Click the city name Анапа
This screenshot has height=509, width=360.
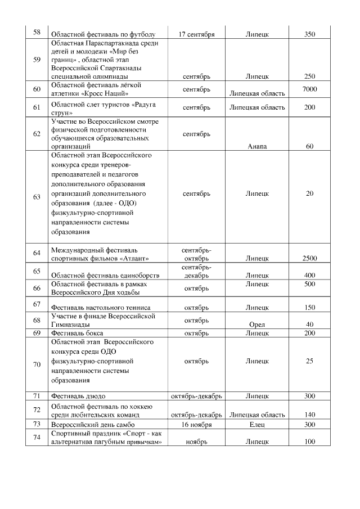coord(257,147)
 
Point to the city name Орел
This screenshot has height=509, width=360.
coord(256,325)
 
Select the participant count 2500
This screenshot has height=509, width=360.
coord(309,259)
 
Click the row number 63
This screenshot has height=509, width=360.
coord(37,197)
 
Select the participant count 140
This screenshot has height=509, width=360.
coord(309,415)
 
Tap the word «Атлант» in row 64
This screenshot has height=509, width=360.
coord(141,259)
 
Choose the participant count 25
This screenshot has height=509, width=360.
coord(309,361)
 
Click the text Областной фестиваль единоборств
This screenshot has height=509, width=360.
coord(105,276)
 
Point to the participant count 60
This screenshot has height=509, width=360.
coord(309,147)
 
